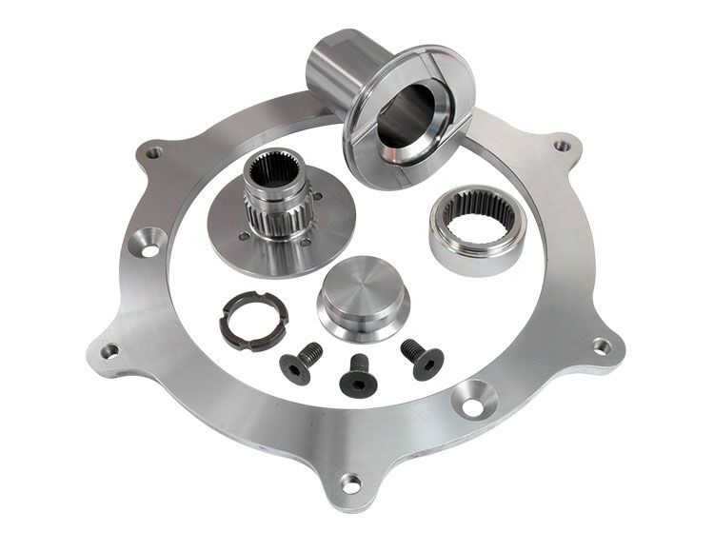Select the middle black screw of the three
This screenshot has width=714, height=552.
[x=356, y=371]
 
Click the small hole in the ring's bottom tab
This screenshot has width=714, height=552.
[x=351, y=483]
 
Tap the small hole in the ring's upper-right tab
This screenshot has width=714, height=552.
[x=564, y=147]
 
